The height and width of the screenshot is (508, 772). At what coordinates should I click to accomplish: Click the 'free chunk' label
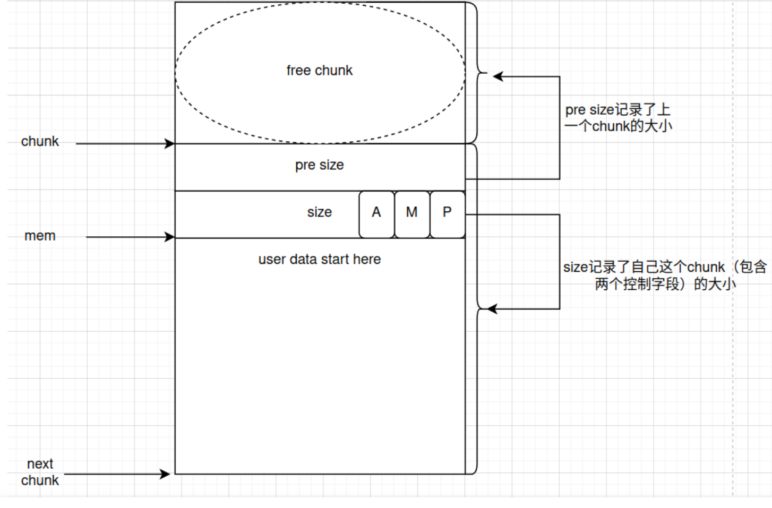[x=319, y=71]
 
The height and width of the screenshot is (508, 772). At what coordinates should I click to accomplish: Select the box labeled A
[x=376, y=214]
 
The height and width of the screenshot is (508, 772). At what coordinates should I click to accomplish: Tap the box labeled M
[x=412, y=214]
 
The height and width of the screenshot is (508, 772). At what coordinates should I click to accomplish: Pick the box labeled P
[x=448, y=214]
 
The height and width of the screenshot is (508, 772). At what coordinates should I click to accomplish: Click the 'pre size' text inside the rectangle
[x=319, y=165]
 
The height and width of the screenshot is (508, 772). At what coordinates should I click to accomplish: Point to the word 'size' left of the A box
[x=319, y=212]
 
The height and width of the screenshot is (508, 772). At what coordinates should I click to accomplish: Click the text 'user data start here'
[x=319, y=260]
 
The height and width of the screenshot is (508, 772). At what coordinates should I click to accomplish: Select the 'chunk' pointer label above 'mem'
[x=40, y=142]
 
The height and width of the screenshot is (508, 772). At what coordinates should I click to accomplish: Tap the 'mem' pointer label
[x=40, y=236]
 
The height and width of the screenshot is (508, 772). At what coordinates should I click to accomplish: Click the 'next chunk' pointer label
[x=40, y=472]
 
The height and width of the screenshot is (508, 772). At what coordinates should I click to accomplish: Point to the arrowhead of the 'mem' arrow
[x=170, y=237]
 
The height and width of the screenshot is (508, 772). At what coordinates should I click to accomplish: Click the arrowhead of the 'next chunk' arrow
[x=166, y=474]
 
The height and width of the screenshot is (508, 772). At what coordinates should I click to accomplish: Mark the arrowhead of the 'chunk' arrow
[x=170, y=143]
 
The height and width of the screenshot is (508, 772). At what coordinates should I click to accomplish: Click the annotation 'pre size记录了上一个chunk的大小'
[x=618, y=118]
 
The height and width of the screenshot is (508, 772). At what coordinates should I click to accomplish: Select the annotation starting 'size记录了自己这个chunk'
[x=665, y=275]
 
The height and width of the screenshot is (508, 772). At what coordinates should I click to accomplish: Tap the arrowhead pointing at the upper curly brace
[x=497, y=76]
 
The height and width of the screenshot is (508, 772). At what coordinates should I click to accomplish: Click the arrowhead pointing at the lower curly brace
[x=492, y=309]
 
